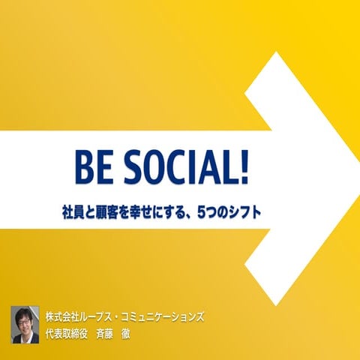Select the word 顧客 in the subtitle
click(x=121, y=211)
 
